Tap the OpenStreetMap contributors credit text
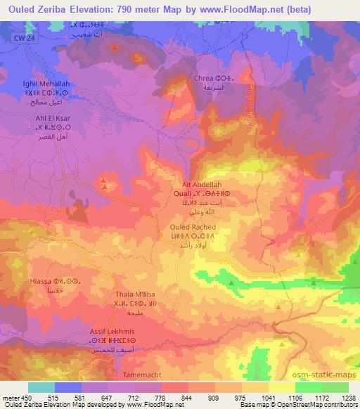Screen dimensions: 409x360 coord(316,405)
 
